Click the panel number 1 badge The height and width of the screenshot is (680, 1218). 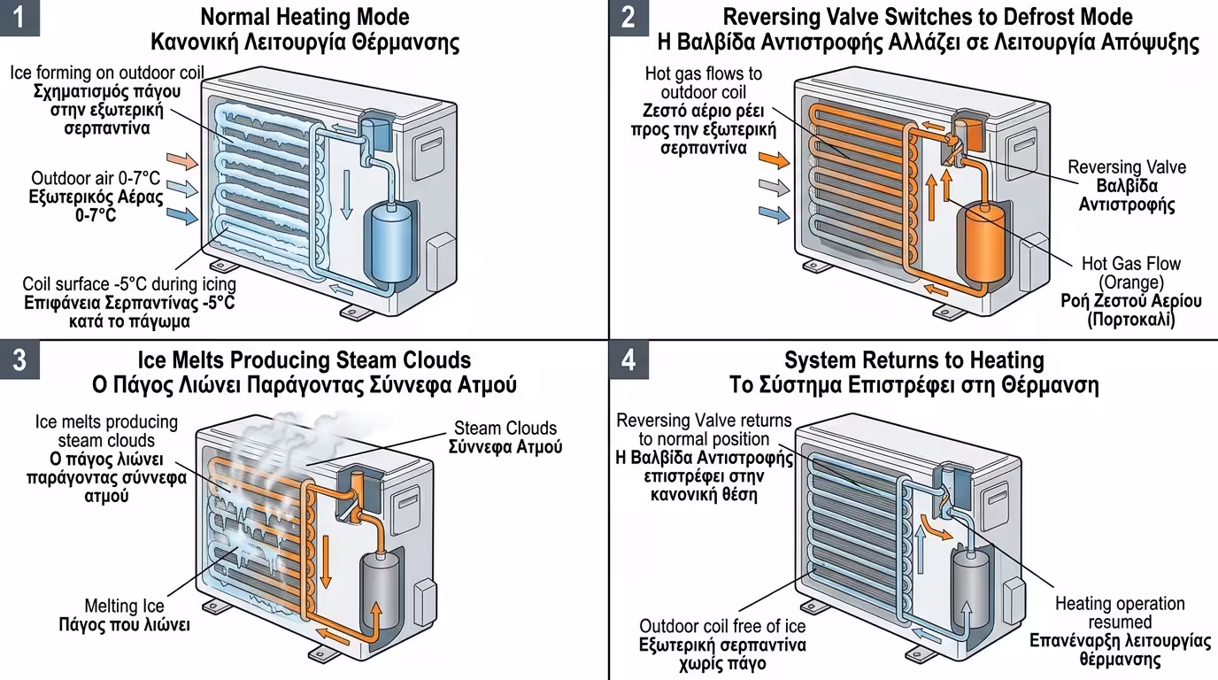19,18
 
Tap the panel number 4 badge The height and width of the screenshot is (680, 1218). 628,361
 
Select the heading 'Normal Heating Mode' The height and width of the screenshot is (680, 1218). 304,17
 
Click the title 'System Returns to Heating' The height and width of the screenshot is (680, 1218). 913,360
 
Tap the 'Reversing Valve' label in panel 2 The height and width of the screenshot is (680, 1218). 1126,167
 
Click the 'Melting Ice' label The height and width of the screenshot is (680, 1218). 125,606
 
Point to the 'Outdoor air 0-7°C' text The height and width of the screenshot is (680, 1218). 97,176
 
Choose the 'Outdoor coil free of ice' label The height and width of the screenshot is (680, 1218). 722,626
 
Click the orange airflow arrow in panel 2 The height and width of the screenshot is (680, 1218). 773,160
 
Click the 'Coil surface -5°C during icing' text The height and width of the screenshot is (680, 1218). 129,284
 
